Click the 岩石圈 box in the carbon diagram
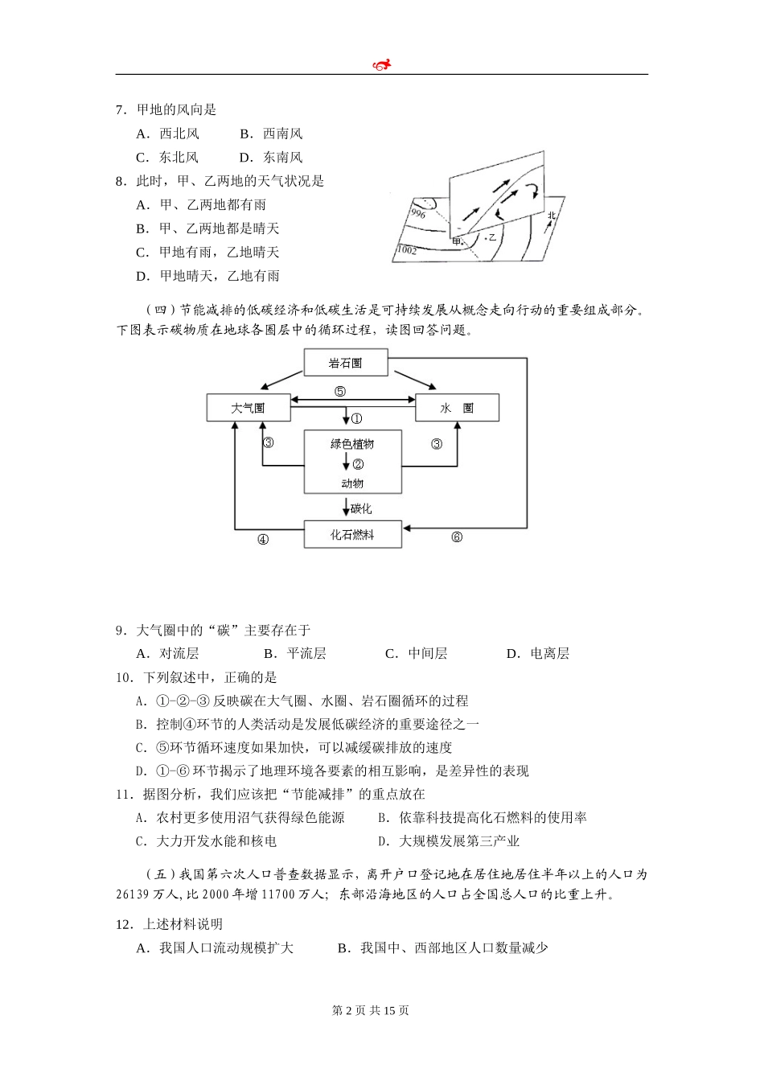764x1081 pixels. (x=346, y=363)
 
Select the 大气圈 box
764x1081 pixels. (x=248, y=408)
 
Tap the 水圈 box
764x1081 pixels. (x=457, y=408)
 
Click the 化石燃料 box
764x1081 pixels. (x=352, y=535)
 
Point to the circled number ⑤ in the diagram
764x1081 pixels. (x=340, y=392)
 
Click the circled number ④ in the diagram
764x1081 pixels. (x=262, y=540)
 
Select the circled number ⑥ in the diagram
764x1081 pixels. (x=457, y=537)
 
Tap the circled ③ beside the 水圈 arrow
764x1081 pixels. (x=437, y=443)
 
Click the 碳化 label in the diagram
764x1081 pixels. (x=361, y=508)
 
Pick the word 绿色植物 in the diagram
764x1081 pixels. (x=352, y=444)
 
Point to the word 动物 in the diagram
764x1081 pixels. (x=352, y=483)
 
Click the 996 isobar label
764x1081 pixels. (x=417, y=213)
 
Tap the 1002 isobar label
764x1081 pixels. (x=407, y=250)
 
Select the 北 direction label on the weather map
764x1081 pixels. (x=552, y=215)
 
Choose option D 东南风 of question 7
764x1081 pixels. (x=271, y=157)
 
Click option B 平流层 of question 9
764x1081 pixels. (x=295, y=653)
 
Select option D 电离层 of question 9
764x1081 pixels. (x=538, y=653)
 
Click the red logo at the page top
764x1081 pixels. (x=382, y=64)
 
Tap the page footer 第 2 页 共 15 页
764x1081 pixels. (x=371, y=1010)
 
